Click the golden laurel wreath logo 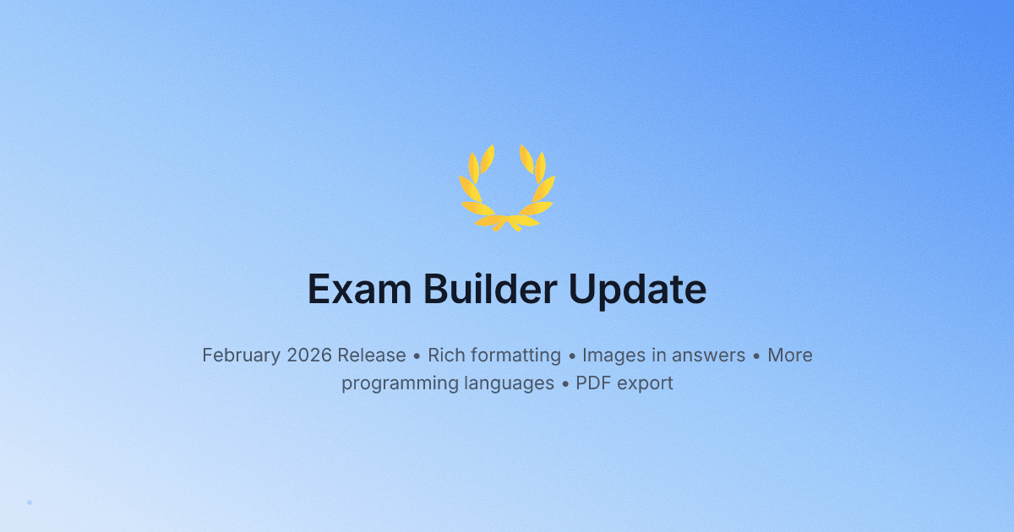(x=507, y=187)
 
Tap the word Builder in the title (x=489, y=290)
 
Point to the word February (x=241, y=356)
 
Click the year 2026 (x=309, y=356)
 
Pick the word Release (x=372, y=356)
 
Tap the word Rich (x=447, y=356)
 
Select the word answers (x=703, y=356)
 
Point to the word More (x=790, y=356)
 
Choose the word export (x=646, y=383)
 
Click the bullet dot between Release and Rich (x=417, y=356)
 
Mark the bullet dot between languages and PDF (x=565, y=383)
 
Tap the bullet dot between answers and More (x=756, y=356)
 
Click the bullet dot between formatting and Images (x=571, y=356)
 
